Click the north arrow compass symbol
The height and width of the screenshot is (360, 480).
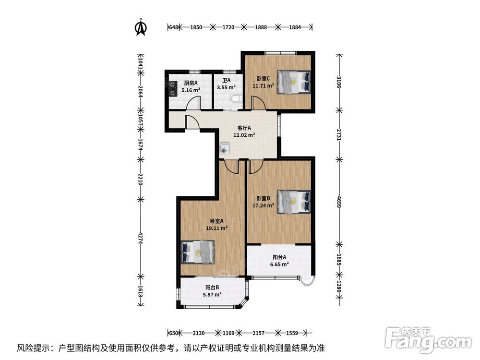141,27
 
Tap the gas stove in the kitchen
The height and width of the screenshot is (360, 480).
173,89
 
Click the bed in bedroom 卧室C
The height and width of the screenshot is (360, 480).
294,82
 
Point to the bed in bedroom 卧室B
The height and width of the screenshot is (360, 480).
294,202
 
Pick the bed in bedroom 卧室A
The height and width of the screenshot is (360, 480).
198,252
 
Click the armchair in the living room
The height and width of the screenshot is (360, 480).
225,149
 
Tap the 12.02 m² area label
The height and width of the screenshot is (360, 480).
244,135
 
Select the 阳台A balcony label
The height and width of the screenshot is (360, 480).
279,257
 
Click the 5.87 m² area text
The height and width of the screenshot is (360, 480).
213,295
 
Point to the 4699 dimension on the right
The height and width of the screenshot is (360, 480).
338,202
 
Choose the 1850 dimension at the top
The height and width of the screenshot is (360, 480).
196,27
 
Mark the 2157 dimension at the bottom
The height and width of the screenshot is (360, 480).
258,333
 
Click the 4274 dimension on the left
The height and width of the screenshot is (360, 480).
141,238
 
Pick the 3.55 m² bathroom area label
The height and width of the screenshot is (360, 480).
226,87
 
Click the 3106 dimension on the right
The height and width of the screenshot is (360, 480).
338,82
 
